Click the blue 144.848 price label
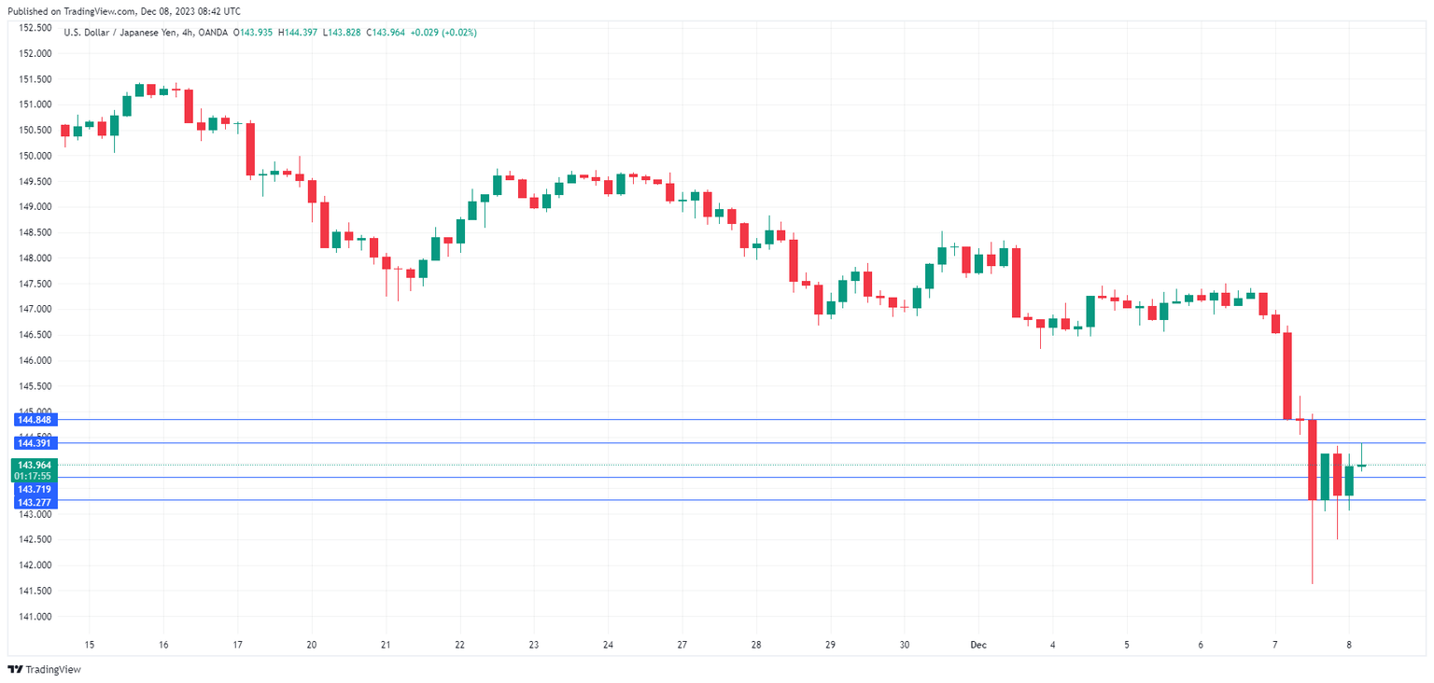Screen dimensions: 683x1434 [34, 420]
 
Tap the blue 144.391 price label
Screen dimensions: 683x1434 [34, 443]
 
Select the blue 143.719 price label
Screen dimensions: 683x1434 [34, 489]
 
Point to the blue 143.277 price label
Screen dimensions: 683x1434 [34, 502]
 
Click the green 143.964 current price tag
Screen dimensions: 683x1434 [34, 465]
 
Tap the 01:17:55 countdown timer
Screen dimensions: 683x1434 [34, 476]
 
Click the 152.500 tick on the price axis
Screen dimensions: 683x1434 [33, 28]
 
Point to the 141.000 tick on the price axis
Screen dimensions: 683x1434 [33, 617]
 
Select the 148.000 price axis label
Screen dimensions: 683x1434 [33, 258]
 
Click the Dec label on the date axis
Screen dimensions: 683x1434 [977, 645]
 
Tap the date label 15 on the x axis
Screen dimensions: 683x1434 [90, 645]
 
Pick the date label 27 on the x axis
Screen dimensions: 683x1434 [682, 645]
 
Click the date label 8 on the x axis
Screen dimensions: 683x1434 [1349, 645]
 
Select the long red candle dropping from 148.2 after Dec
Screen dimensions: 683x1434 [1016, 283]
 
